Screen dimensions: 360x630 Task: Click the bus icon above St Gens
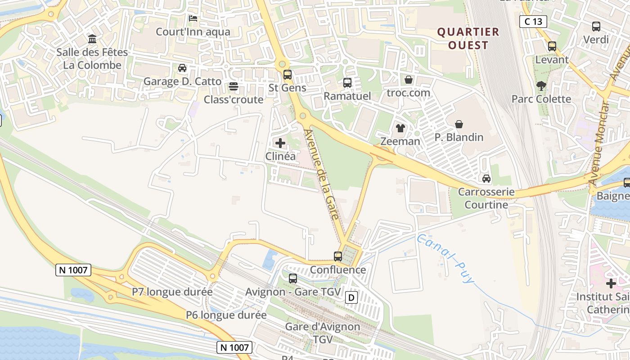(x=287, y=75)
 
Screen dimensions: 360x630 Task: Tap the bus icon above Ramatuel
(x=347, y=83)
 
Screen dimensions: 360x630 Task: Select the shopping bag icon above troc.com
(x=409, y=80)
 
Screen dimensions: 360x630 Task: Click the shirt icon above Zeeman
(x=400, y=128)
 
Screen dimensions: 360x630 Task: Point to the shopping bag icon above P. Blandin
(x=459, y=124)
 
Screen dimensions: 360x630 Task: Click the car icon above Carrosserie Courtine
(x=486, y=179)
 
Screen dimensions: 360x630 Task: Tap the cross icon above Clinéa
(x=280, y=144)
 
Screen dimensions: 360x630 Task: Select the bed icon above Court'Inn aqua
(x=193, y=18)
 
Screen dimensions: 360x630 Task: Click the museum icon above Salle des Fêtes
(x=92, y=39)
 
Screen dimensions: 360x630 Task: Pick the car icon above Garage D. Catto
(x=182, y=68)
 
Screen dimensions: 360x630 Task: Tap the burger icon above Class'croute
(x=233, y=86)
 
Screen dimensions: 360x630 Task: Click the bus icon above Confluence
(x=338, y=256)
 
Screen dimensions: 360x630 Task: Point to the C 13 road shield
(x=533, y=21)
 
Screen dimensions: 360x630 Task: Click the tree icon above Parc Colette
(x=541, y=85)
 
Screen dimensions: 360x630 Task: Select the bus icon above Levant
(x=552, y=46)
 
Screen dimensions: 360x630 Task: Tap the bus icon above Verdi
(x=596, y=27)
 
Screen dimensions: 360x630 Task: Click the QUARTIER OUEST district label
(x=468, y=38)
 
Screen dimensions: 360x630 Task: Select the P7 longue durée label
(x=172, y=292)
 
